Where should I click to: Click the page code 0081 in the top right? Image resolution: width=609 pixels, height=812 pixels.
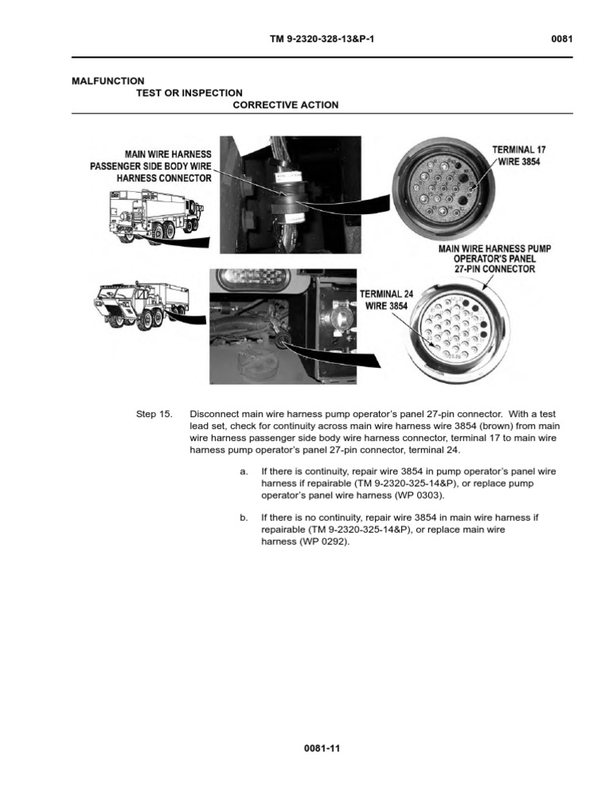[561, 40]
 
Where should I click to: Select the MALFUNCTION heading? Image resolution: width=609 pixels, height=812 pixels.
[108, 81]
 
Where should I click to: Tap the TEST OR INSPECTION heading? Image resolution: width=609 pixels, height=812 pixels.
[190, 93]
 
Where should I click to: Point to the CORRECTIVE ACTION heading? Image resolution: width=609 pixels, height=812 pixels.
[285, 105]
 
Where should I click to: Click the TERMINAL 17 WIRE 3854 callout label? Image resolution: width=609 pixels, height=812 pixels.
[519, 155]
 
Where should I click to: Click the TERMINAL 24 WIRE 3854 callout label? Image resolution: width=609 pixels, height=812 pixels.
[387, 300]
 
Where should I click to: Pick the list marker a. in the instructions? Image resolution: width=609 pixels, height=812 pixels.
[243, 471]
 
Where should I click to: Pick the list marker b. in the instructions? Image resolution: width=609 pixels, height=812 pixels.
[243, 517]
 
